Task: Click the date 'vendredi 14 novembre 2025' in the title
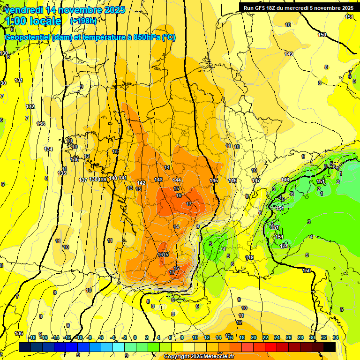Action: pyautogui.click(x=65, y=10)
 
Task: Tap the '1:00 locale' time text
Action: pyautogui.click(x=33, y=21)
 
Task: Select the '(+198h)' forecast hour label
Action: pyautogui.click(x=83, y=21)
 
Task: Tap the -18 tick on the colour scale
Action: pyautogui.click(x=32, y=337)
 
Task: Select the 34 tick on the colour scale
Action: pyautogui.click(x=335, y=337)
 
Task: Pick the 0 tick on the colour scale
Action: pyautogui.click(x=135, y=337)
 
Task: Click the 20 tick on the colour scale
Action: pyautogui.click(x=253, y=337)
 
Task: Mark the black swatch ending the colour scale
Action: pyautogui.click(x=329, y=347)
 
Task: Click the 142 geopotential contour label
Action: pyautogui.click(x=141, y=183)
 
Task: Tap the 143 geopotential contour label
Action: pyautogui.click(x=158, y=180)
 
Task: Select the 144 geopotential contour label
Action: pyautogui.click(x=177, y=180)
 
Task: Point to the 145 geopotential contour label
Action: pyautogui.click(x=214, y=180)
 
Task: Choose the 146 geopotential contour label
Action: pyautogui.click(x=232, y=180)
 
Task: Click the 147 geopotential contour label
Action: pyautogui.click(x=256, y=180)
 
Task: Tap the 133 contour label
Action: pyautogui.click(x=41, y=124)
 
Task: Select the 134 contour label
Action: pyautogui.click(x=48, y=149)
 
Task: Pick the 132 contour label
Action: pyautogui.click(x=30, y=106)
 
